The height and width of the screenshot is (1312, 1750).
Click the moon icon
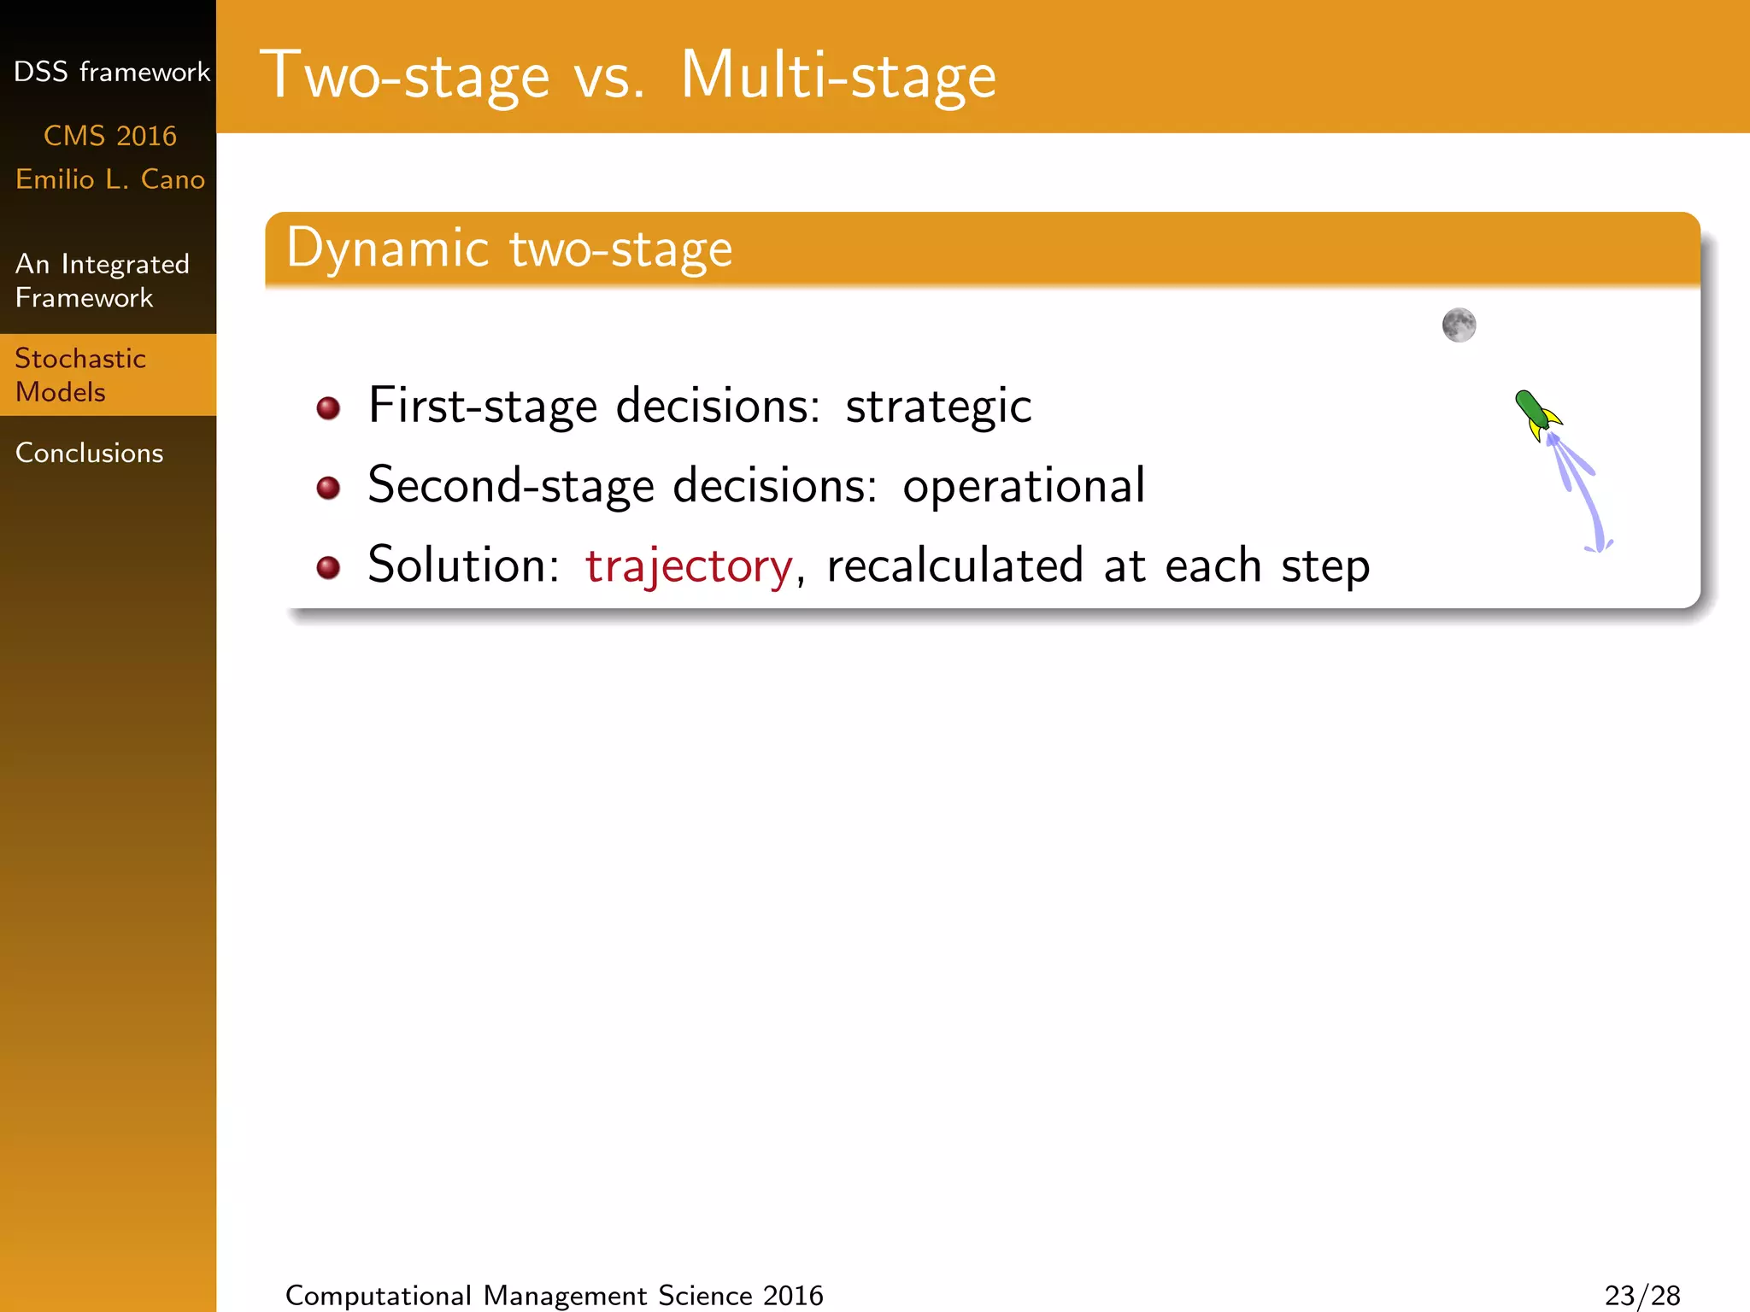pyautogui.click(x=1459, y=325)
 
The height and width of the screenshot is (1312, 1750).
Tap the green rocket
pyautogui.click(x=1536, y=414)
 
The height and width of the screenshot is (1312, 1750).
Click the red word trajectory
pyautogui.click(x=689, y=565)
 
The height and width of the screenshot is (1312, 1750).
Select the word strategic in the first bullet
pyautogui.click(x=938, y=406)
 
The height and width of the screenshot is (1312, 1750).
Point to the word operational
pyautogui.click(x=1024, y=486)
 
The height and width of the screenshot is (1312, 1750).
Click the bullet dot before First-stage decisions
pyautogui.click(x=328, y=408)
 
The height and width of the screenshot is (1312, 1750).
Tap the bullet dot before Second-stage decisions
pyautogui.click(x=328, y=488)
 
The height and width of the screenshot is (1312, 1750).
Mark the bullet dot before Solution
pyautogui.click(x=328, y=567)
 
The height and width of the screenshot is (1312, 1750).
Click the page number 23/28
pyautogui.click(x=1641, y=1295)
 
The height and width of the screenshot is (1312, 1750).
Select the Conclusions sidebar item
pyautogui.click(x=90, y=453)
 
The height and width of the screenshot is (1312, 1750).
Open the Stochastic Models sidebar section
pyautogui.click(x=80, y=375)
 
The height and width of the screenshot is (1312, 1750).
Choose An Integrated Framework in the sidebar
pyautogui.click(x=102, y=280)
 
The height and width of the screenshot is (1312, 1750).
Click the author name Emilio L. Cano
pyautogui.click(x=110, y=179)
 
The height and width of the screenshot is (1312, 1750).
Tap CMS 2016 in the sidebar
pyautogui.click(x=110, y=136)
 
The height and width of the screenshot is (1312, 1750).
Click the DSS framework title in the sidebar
pyautogui.click(x=111, y=72)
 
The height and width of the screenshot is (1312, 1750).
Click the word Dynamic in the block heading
pyautogui.click(x=387, y=249)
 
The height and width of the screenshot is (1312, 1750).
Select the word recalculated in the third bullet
pyautogui.click(x=955, y=565)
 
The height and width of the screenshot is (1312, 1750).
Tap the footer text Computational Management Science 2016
pyautogui.click(x=554, y=1295)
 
